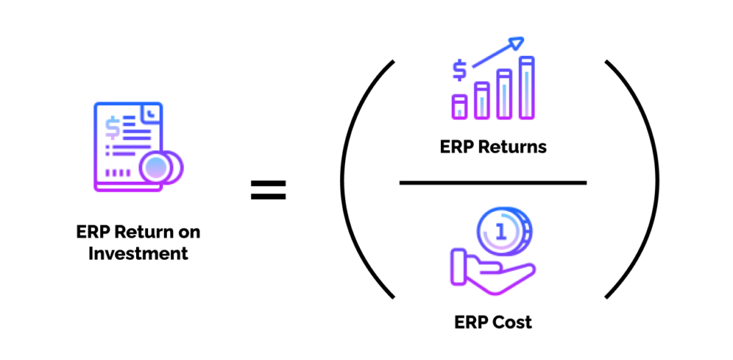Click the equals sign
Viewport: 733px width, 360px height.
click(268, 190)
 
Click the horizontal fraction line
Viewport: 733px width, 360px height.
click(492, 183)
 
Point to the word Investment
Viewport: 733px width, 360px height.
click(138, 253)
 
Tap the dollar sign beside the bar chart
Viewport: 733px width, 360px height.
click(459, 70)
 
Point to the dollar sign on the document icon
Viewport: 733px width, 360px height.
click(113, 127)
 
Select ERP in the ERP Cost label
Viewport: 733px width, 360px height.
click(471, 322)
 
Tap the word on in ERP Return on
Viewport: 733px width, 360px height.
click(190, 233)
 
